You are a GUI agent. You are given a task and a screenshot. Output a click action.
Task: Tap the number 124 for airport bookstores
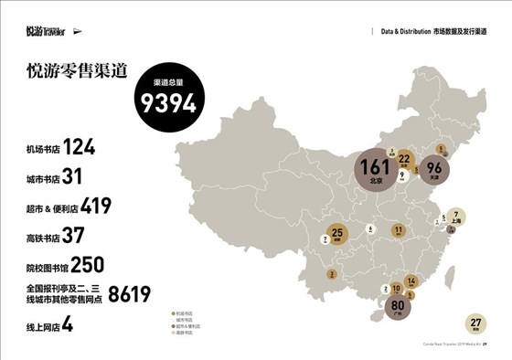point(80,147)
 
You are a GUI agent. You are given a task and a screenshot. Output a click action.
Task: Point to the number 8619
point(129,294)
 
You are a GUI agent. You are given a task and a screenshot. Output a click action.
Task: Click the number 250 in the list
point(87,265)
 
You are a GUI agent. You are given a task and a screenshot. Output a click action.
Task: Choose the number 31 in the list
point(73,176)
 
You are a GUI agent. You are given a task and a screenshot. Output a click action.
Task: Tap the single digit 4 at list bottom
point(68,323)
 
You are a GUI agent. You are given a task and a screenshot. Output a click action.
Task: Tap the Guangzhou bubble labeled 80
point(397,305)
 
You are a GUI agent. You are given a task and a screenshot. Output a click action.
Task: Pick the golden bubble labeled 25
point(337,235)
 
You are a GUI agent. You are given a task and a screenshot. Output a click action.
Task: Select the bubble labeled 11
point(398,229)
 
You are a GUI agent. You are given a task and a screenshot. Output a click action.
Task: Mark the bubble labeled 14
point(411,281)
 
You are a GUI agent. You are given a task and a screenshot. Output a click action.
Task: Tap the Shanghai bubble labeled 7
point(455,216)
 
